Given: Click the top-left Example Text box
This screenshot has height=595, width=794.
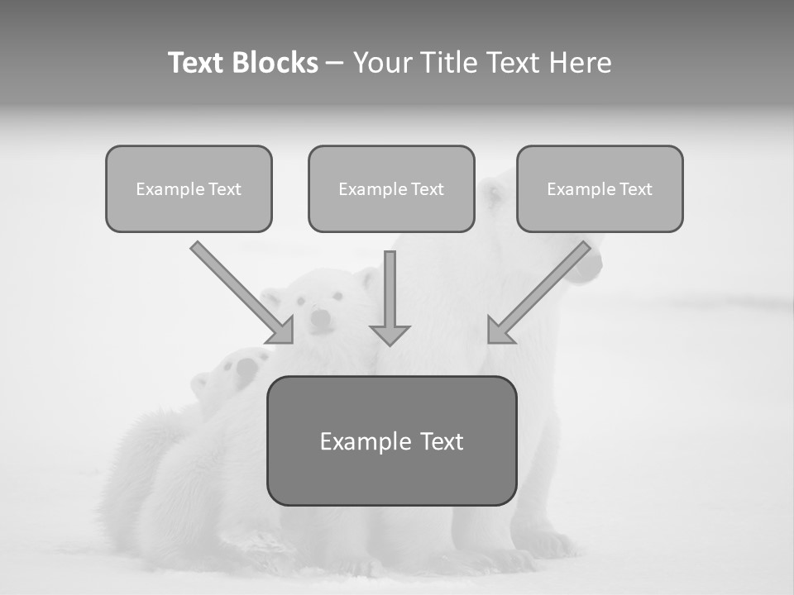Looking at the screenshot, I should [189, 189].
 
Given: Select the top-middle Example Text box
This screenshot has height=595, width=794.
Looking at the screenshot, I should [391, 189].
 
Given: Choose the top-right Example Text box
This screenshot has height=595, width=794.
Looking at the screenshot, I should [600, 189].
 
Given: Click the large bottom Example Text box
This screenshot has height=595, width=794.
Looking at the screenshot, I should [391, 441].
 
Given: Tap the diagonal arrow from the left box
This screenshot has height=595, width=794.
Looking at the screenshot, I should [240, 291].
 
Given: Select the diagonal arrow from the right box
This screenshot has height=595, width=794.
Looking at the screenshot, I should [542, 289].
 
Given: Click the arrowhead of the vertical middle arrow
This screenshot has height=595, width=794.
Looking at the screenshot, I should [390, 334].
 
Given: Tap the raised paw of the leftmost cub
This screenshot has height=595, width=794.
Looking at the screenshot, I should [248, 368].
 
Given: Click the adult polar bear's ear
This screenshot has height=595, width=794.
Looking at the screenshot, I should [494, 195].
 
